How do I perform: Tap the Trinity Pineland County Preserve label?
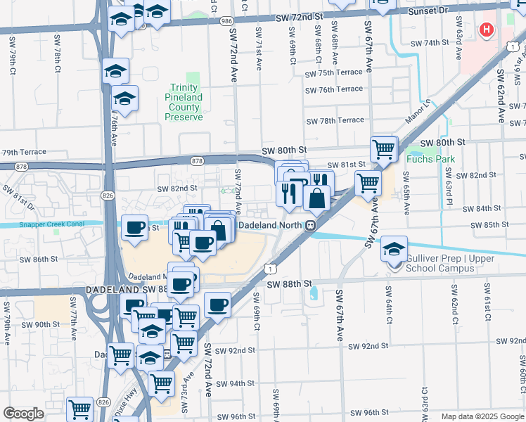point(184,102)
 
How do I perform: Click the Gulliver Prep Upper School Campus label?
point(450,263)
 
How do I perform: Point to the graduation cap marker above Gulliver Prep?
point(394,248)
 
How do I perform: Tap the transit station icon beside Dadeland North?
point(309,225)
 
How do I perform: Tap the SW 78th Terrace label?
point(334,120)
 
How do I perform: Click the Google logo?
point(24,414)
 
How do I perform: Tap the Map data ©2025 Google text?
point(482,416)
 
